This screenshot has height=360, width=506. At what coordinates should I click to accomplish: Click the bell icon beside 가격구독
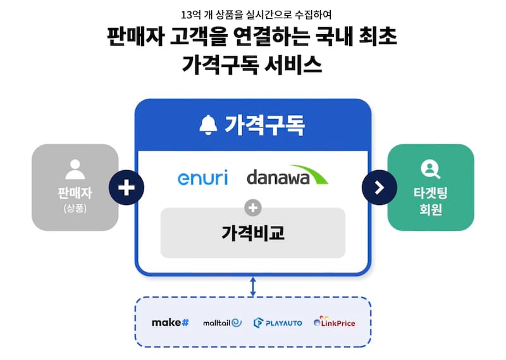click(208, 125)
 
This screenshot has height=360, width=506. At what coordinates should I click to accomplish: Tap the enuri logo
click(202, 177)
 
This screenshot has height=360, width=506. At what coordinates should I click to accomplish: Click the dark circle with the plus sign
click(126, 187)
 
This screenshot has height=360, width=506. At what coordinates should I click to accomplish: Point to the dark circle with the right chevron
click(379, 187)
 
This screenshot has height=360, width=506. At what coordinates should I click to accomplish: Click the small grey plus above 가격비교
click(253, 206)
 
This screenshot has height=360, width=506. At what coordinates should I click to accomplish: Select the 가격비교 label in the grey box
click(253, 233)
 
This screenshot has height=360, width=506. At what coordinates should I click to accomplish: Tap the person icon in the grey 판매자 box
click(75, 169)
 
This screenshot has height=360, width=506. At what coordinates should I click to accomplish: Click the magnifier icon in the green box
click(430, 169)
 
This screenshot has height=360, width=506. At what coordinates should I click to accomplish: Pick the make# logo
click(170, 323)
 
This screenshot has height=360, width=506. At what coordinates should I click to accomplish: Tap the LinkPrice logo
click(334, 323)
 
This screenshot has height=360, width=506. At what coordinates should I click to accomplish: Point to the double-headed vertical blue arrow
click(253, 286)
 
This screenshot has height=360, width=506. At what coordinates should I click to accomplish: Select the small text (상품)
click(75, 208)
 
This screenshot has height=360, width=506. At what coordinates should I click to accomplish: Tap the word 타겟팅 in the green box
click(431, 193)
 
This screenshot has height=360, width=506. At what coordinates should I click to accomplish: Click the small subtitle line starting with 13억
click(252, 13)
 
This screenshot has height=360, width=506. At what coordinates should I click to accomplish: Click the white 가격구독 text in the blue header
click(264, 125)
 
